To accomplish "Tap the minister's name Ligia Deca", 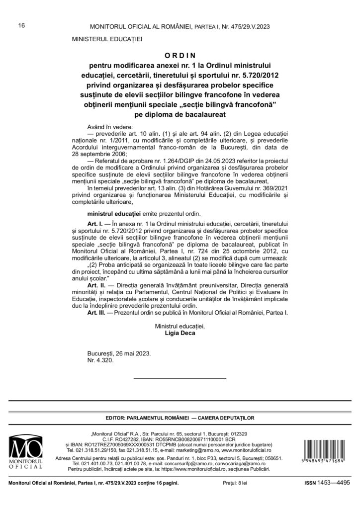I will pyautogui.click(x=180, y=334).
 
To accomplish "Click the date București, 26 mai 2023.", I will pyautogui.click(x=119, y=354).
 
